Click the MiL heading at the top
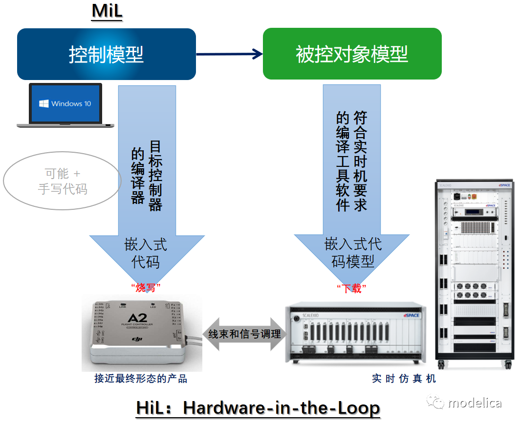(107, 11)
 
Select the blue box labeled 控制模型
(106, 54)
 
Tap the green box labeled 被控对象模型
(352, 54)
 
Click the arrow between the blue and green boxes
(229, 54)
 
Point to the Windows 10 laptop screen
(65, 104)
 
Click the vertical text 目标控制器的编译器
(147, 176)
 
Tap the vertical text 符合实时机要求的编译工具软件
(351, 161)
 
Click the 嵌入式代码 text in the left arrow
(146, 253)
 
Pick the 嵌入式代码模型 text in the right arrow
(352, 253)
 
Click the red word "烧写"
(146, 288)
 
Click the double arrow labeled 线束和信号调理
(244, 334)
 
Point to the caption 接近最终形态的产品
(141, 379)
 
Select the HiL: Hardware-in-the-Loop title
(258, 408)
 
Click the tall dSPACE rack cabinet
(474, 273)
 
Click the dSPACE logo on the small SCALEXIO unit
(412, 315)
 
